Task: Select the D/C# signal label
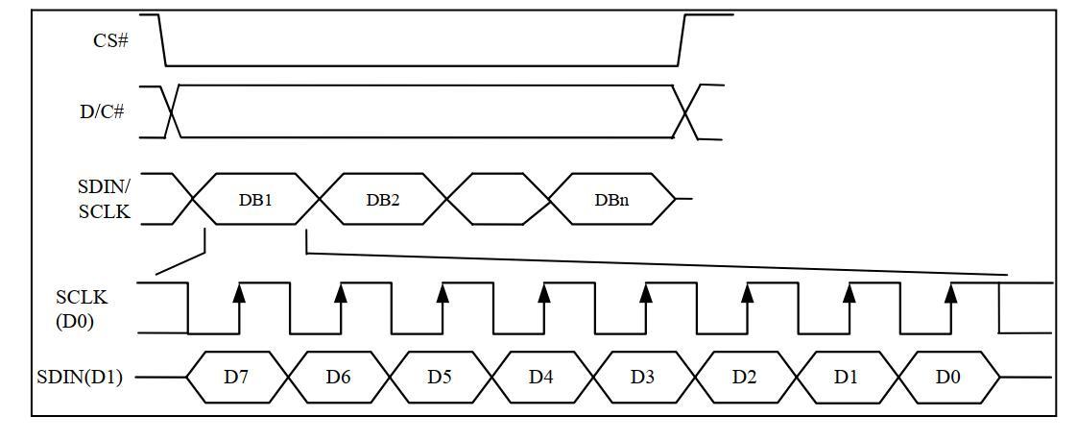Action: (x=102, y=111)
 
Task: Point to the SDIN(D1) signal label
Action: (x=80, y=378)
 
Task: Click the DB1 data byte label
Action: (x=255, y=200)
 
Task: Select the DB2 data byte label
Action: (x=382, y=200)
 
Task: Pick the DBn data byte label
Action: (x=611, y=200)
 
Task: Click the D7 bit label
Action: (x=236, y=377)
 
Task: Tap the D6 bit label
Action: (x=338, y=377)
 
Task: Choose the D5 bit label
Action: (x=440, y=377)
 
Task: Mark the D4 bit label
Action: (x=541, y=377)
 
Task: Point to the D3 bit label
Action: (x=643, y=377)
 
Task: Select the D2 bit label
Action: (x=745, y=377)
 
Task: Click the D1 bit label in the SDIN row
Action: (x=846, y=377)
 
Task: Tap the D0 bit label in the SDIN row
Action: (x=947, y=377)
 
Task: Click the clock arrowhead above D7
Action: (x=239, y=294)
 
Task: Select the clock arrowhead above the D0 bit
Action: (x=950, y=294)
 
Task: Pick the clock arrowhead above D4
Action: (x=544, y=294)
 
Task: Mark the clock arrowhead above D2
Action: (x=748, y=294)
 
